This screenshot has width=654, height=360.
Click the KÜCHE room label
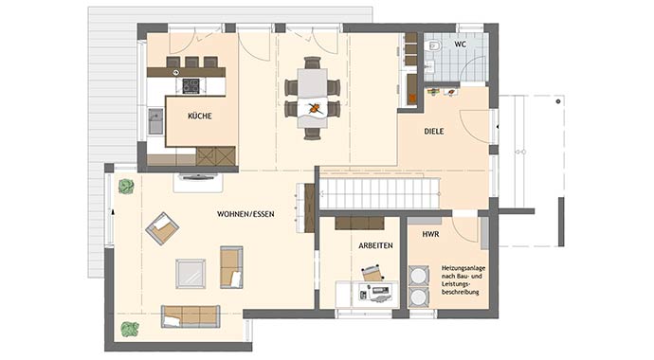pyautogui.click(x=200, y=116)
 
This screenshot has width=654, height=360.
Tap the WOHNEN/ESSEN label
pyautogui.click(x=245, y=214)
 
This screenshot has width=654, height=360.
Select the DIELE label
pyautogui.click(x=434, y=132)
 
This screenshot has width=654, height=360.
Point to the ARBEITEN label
pyautogui.click(x=375, y=245)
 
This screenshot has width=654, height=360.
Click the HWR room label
pyautogui.click(x=430, y=235)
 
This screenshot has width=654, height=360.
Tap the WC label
pyautogui.click(x=461, y=45)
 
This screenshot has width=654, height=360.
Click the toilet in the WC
pyautogui.click(x=433, y=45)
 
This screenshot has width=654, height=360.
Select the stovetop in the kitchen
pyautogui.click(x=191, y=86)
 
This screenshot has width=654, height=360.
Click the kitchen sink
pyautogui.click(x=155, y=121)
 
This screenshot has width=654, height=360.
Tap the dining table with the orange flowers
pyautogui.click(x=312, y=98)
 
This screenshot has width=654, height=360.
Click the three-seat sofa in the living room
pyautogui.click(x=191, y=316)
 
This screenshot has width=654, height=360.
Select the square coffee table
pyautogui.click(x=191, y=274)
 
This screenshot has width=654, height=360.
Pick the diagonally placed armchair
pyautogui.click(x=162, y=228)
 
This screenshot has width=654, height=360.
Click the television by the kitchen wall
pyautogui.click(x=198, y=176)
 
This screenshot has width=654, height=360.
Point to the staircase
pyautogui.click(x=379, y=194)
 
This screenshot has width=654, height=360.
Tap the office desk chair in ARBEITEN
pyautogui.click(x=372, y=273)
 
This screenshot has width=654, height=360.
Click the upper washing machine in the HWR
pyautogui.click(x=419, y=276)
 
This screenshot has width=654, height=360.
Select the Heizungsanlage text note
pyautogui.click(x=463, y=280)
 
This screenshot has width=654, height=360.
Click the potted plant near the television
pyautogui.click(x=126, y=187)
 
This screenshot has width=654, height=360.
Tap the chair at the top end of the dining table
pyautogui.click(x=313, y=63)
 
